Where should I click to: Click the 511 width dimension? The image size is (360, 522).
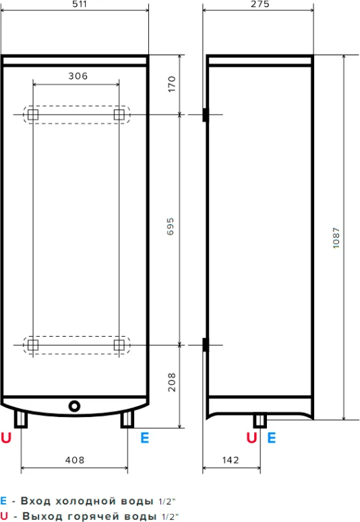pyautogui.click(x=80, y=4)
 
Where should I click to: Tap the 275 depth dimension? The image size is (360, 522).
pyautogui.click(x=260, y=4)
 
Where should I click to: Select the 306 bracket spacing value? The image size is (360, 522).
pyautogui.click(x=78, y=76)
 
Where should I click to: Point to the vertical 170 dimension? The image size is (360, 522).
pyautogui.click(x=171, y=84)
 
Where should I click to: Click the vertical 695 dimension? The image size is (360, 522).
pyautogui.click(x=171, y=226)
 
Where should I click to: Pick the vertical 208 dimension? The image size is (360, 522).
pyautogui.click(x=171, y=382)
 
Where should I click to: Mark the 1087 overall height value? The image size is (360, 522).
pyautogui.click(x=336, y=238)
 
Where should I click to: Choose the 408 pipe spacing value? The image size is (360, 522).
pyautogui.click(x=75, y=460)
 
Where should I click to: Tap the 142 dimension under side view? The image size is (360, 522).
pyautogui.click(x=231, y=460)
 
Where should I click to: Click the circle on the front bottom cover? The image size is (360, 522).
pyautogui.click(x=74, y=406)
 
